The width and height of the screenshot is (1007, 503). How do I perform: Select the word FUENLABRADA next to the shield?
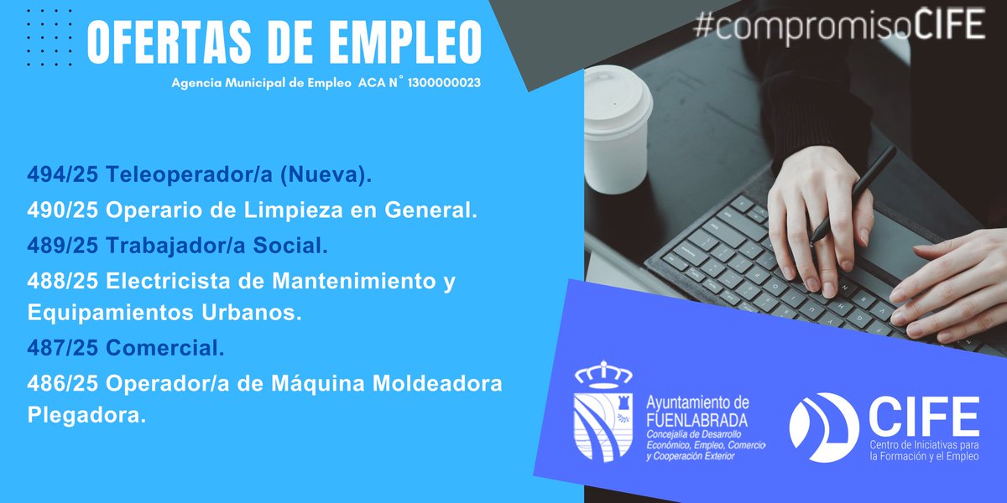[x=697, y=419]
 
